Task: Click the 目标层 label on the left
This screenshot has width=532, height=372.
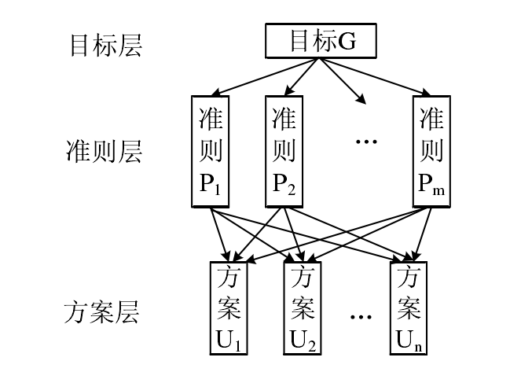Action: [x=106, y=45]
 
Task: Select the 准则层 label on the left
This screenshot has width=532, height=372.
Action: [x=104, y=151]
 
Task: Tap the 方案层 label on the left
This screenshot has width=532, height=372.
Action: [x=102, y=312]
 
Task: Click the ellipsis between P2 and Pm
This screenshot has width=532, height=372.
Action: [x=366, y=142]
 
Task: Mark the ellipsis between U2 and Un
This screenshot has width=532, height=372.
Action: [x=361, y=317]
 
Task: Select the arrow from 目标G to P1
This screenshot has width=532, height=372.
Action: [x=265, y=77]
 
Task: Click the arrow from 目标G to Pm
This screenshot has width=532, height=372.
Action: [x=375, y=77]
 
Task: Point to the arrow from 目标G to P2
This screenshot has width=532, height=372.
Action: [x=302, y=77]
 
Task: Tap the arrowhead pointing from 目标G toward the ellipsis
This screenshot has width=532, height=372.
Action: [x=361, y=99]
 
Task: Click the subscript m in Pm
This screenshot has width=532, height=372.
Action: [x=438, y=190]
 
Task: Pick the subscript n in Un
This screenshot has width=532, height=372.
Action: [x=418, y=348]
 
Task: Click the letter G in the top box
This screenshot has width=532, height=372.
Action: [x=347, y=41]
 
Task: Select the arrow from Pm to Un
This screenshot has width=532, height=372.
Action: [x=423, y=234]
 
